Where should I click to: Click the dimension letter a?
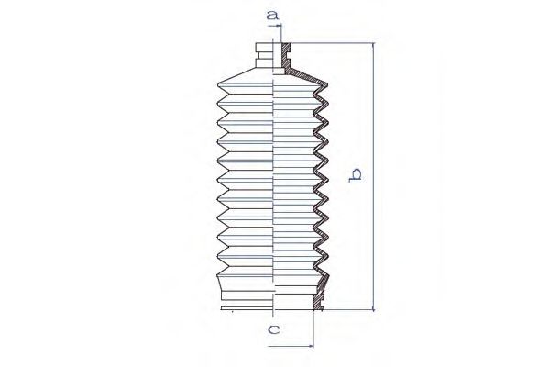272,16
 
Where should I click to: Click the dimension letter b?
355,175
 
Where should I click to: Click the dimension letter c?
273,329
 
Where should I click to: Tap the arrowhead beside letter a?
280,26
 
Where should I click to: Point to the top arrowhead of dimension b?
374,46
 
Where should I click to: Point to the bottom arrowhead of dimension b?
374,307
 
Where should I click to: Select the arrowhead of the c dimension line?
311,346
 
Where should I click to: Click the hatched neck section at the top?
286,56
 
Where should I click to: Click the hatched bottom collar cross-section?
318,298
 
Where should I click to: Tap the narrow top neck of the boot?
265,55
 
